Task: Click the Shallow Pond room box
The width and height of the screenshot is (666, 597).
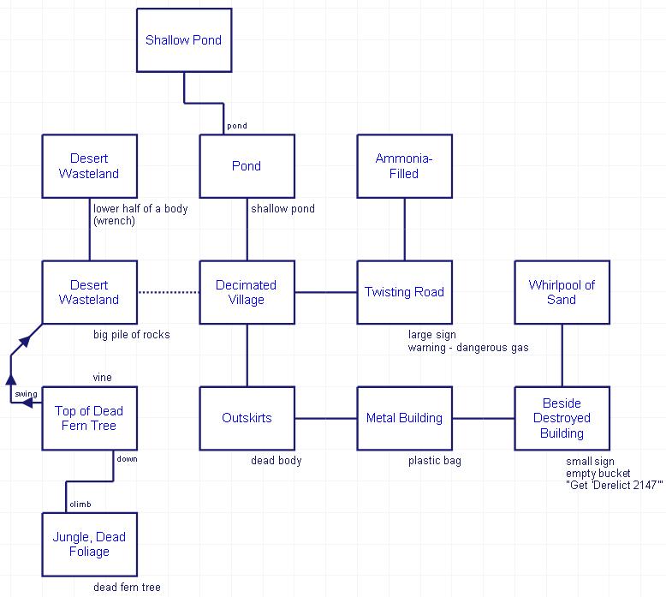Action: tap(184, 40)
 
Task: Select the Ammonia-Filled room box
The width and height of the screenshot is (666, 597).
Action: tap(404, 166)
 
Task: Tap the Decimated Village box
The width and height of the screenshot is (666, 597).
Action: tap(247, 292)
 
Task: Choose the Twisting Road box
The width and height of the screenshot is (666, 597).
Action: tap(404, 292)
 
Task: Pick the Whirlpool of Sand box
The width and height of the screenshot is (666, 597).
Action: tap(562, 292)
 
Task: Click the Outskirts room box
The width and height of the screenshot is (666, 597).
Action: tap(247, 418)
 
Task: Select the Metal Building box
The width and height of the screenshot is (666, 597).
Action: tap(404, 418)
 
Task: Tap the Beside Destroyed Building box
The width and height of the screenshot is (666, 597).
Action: tap(562, 418)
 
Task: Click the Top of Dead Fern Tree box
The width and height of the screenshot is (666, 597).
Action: tap(89, 418)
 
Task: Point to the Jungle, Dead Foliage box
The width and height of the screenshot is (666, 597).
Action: tap(89, 544)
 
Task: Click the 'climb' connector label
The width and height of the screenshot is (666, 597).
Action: tap(80, 504)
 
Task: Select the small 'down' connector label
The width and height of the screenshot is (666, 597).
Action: tap(127, 459)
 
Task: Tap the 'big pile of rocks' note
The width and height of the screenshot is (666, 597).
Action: tap(132, 335)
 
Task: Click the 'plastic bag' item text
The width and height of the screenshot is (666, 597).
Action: tap(435, 461)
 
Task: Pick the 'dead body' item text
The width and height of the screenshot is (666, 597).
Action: tap(277, 461)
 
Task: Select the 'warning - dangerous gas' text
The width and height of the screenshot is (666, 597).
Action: tap(468, 348)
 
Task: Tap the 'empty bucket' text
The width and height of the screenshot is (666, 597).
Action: tap(598, 474)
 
